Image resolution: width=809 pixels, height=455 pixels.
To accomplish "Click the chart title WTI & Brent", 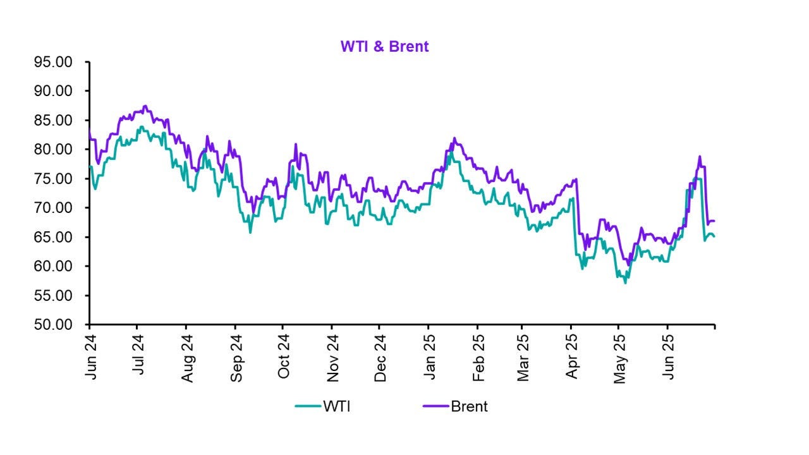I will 384,47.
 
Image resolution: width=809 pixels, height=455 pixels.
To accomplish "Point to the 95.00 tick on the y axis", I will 56,62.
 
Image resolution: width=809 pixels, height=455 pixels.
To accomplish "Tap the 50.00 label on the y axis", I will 56,324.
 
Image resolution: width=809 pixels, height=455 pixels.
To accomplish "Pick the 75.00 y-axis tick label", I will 56,179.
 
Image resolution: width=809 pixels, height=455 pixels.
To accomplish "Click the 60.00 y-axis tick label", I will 56,266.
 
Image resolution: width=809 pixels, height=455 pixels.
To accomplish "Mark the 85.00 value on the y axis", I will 56,120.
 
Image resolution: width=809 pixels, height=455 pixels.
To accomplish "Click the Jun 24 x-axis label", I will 90,358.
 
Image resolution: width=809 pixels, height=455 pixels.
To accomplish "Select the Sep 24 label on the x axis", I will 235,358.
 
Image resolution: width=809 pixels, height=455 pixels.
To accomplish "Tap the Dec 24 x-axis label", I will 379,358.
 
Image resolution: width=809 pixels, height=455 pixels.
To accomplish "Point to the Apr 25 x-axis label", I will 572,358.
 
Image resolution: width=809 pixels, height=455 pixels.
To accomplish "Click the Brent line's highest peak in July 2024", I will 145,106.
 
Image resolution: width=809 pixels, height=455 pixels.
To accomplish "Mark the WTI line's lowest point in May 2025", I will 626,282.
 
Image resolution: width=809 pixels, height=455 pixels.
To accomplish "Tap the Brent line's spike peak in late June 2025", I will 700,156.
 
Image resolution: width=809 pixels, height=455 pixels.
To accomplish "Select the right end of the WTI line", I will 714,236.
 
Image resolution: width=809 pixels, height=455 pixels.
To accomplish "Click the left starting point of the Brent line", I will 90,130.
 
